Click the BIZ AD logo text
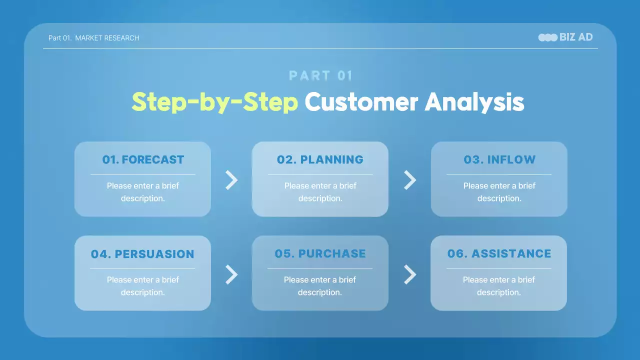576,37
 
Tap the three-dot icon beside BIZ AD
547,37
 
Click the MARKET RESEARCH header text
107,38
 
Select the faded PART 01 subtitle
320,75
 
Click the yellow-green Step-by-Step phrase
215,102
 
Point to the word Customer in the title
361,102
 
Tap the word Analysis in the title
474,102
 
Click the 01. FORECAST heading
143,159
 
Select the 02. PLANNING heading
320,159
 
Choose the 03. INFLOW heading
499,159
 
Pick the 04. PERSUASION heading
142,254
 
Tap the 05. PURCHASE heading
320,253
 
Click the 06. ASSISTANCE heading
499,253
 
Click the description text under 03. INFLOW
499,192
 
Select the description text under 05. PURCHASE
319,286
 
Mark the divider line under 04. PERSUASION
142,268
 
